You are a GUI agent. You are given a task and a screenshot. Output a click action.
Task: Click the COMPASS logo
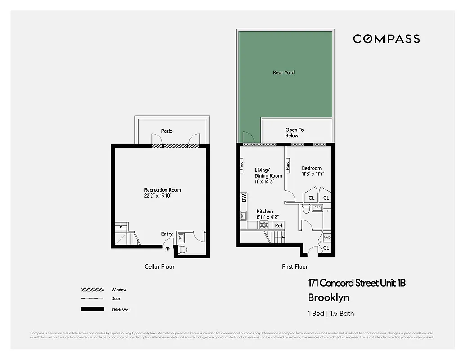pyautogui.click(x=386, y=39)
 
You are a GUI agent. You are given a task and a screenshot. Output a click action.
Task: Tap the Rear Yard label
pyautogui.click(x=284, y=72)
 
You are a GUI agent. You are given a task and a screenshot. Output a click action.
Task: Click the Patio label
pyautogui.click(x=167, y=131)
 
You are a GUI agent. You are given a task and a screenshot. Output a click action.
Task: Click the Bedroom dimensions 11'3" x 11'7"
pyautogui.click(x=313, y=174)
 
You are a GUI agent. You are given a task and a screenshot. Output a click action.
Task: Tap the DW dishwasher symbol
pyautogui.click(x=244, y=198)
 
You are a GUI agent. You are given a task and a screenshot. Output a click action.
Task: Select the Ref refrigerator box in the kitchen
pyautogui.click(x=279, y=225)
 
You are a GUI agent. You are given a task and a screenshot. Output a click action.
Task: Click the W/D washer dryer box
pyautogui.click(x=327, y=238)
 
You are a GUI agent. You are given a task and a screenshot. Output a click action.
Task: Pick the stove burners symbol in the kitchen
pyautogui.click(x=264, y=225)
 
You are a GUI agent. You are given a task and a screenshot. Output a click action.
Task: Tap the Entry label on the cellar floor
pyautogui.click(x=167, y=234)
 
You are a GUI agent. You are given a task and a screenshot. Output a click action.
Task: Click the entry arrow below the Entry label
pyautogui.click(x=167, y=247)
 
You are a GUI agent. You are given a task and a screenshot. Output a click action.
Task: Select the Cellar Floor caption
pyautogui.click(x=159, y=267)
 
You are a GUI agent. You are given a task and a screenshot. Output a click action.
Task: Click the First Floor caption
pyautogui.click(x=295, y=267)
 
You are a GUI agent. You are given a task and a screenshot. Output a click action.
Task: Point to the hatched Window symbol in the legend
pyautogui.click(x=92, y=290)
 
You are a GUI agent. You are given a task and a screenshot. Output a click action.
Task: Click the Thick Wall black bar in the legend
pyautogui.click(x=92, y=310)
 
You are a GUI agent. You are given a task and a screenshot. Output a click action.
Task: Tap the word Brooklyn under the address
pyautogui.click(x=328, y=297)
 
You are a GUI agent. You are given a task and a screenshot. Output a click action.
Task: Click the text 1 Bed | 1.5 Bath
pyautogui.click(x=331, y=314)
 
